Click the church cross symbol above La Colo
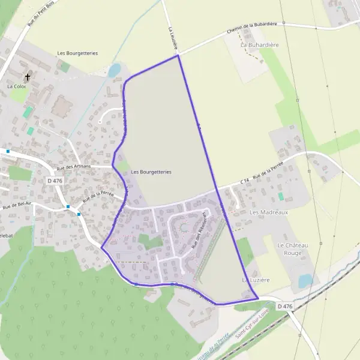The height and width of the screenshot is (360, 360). [28, 77]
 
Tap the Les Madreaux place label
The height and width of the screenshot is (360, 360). [269, 212]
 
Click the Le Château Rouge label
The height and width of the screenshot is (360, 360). [292, 250]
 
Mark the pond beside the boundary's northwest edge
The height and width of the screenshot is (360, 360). [113, 71]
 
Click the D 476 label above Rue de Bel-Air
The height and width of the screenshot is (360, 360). [55, 181]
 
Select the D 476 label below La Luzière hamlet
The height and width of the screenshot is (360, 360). [285, 306]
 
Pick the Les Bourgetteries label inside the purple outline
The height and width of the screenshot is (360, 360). [151, 172]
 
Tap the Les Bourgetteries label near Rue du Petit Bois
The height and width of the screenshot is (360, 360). [77, 53]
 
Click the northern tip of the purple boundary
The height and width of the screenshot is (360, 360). [178, 56]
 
